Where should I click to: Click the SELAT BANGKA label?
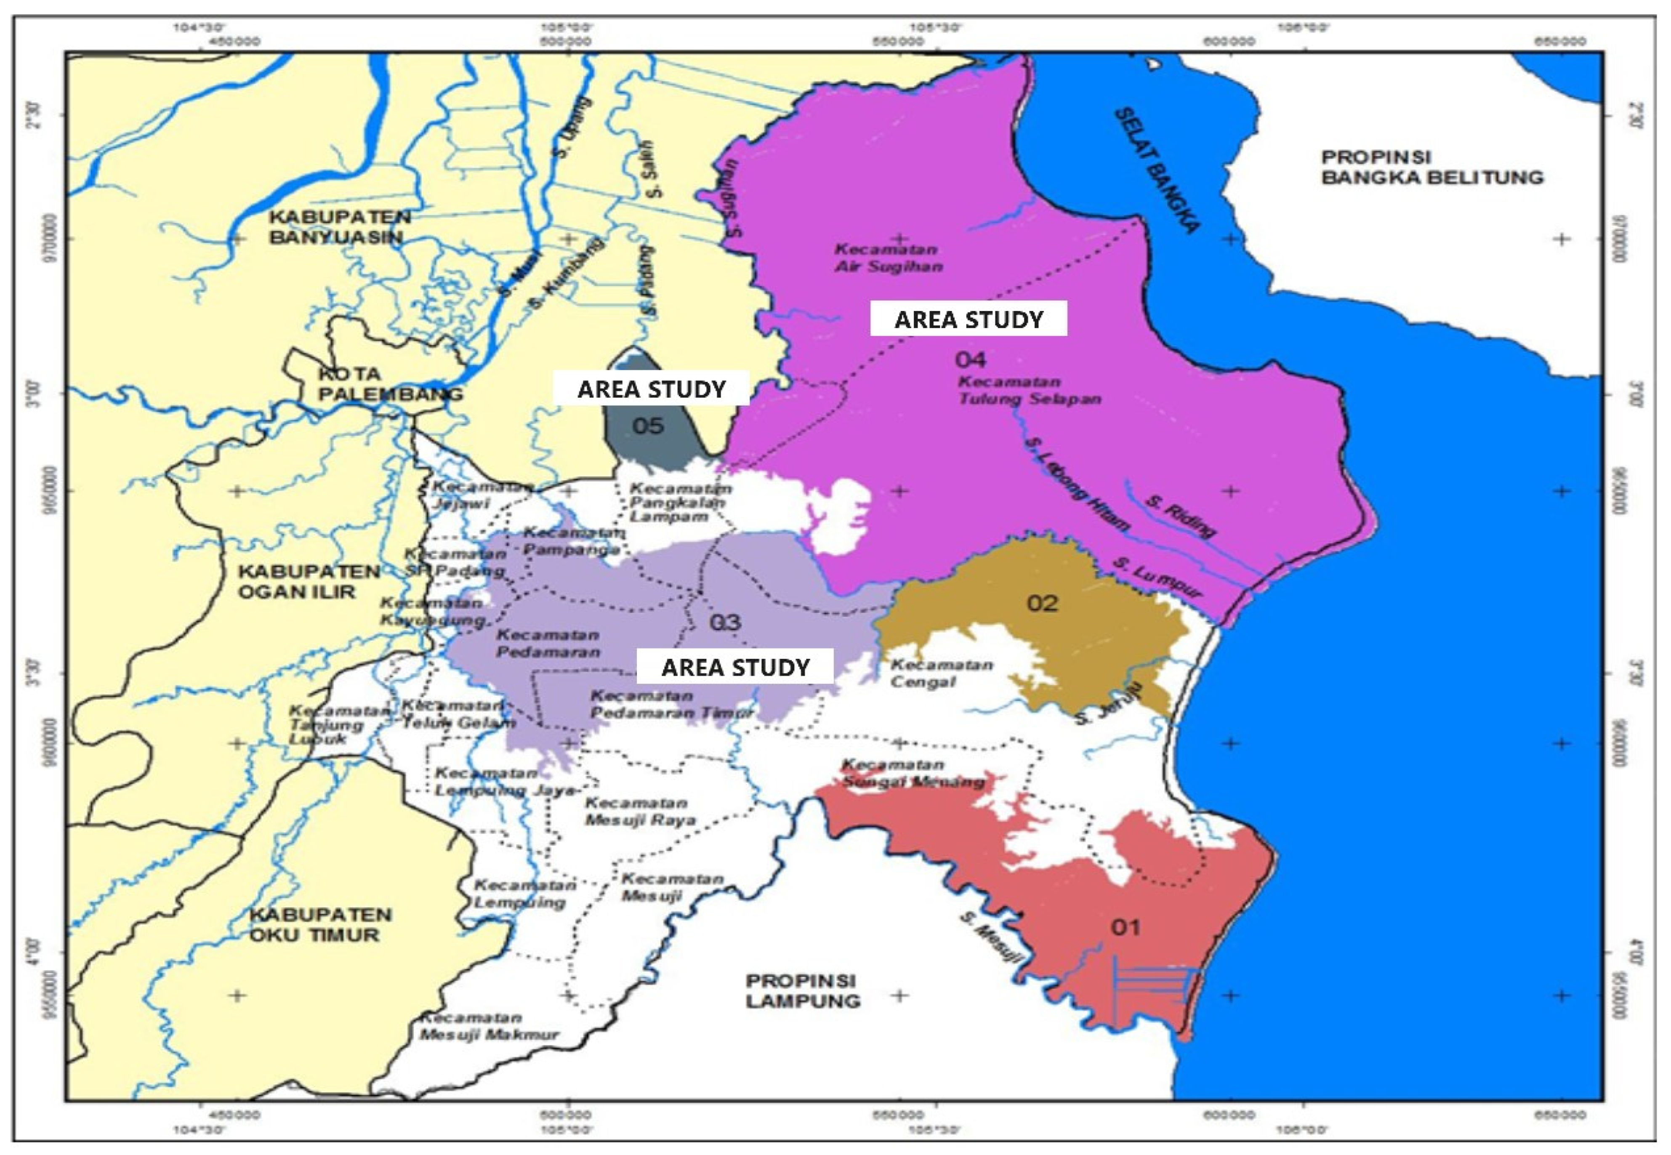point(1157,171)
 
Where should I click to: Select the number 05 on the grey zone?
point(648,426)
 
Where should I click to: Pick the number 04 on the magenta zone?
point(970,359)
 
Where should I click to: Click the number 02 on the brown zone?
point(1042,603)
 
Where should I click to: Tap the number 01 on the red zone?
point(1126,926)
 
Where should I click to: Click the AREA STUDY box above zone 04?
point(969,319)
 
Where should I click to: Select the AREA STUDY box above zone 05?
point(651,389)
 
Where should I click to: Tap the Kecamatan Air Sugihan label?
point(888,258)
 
